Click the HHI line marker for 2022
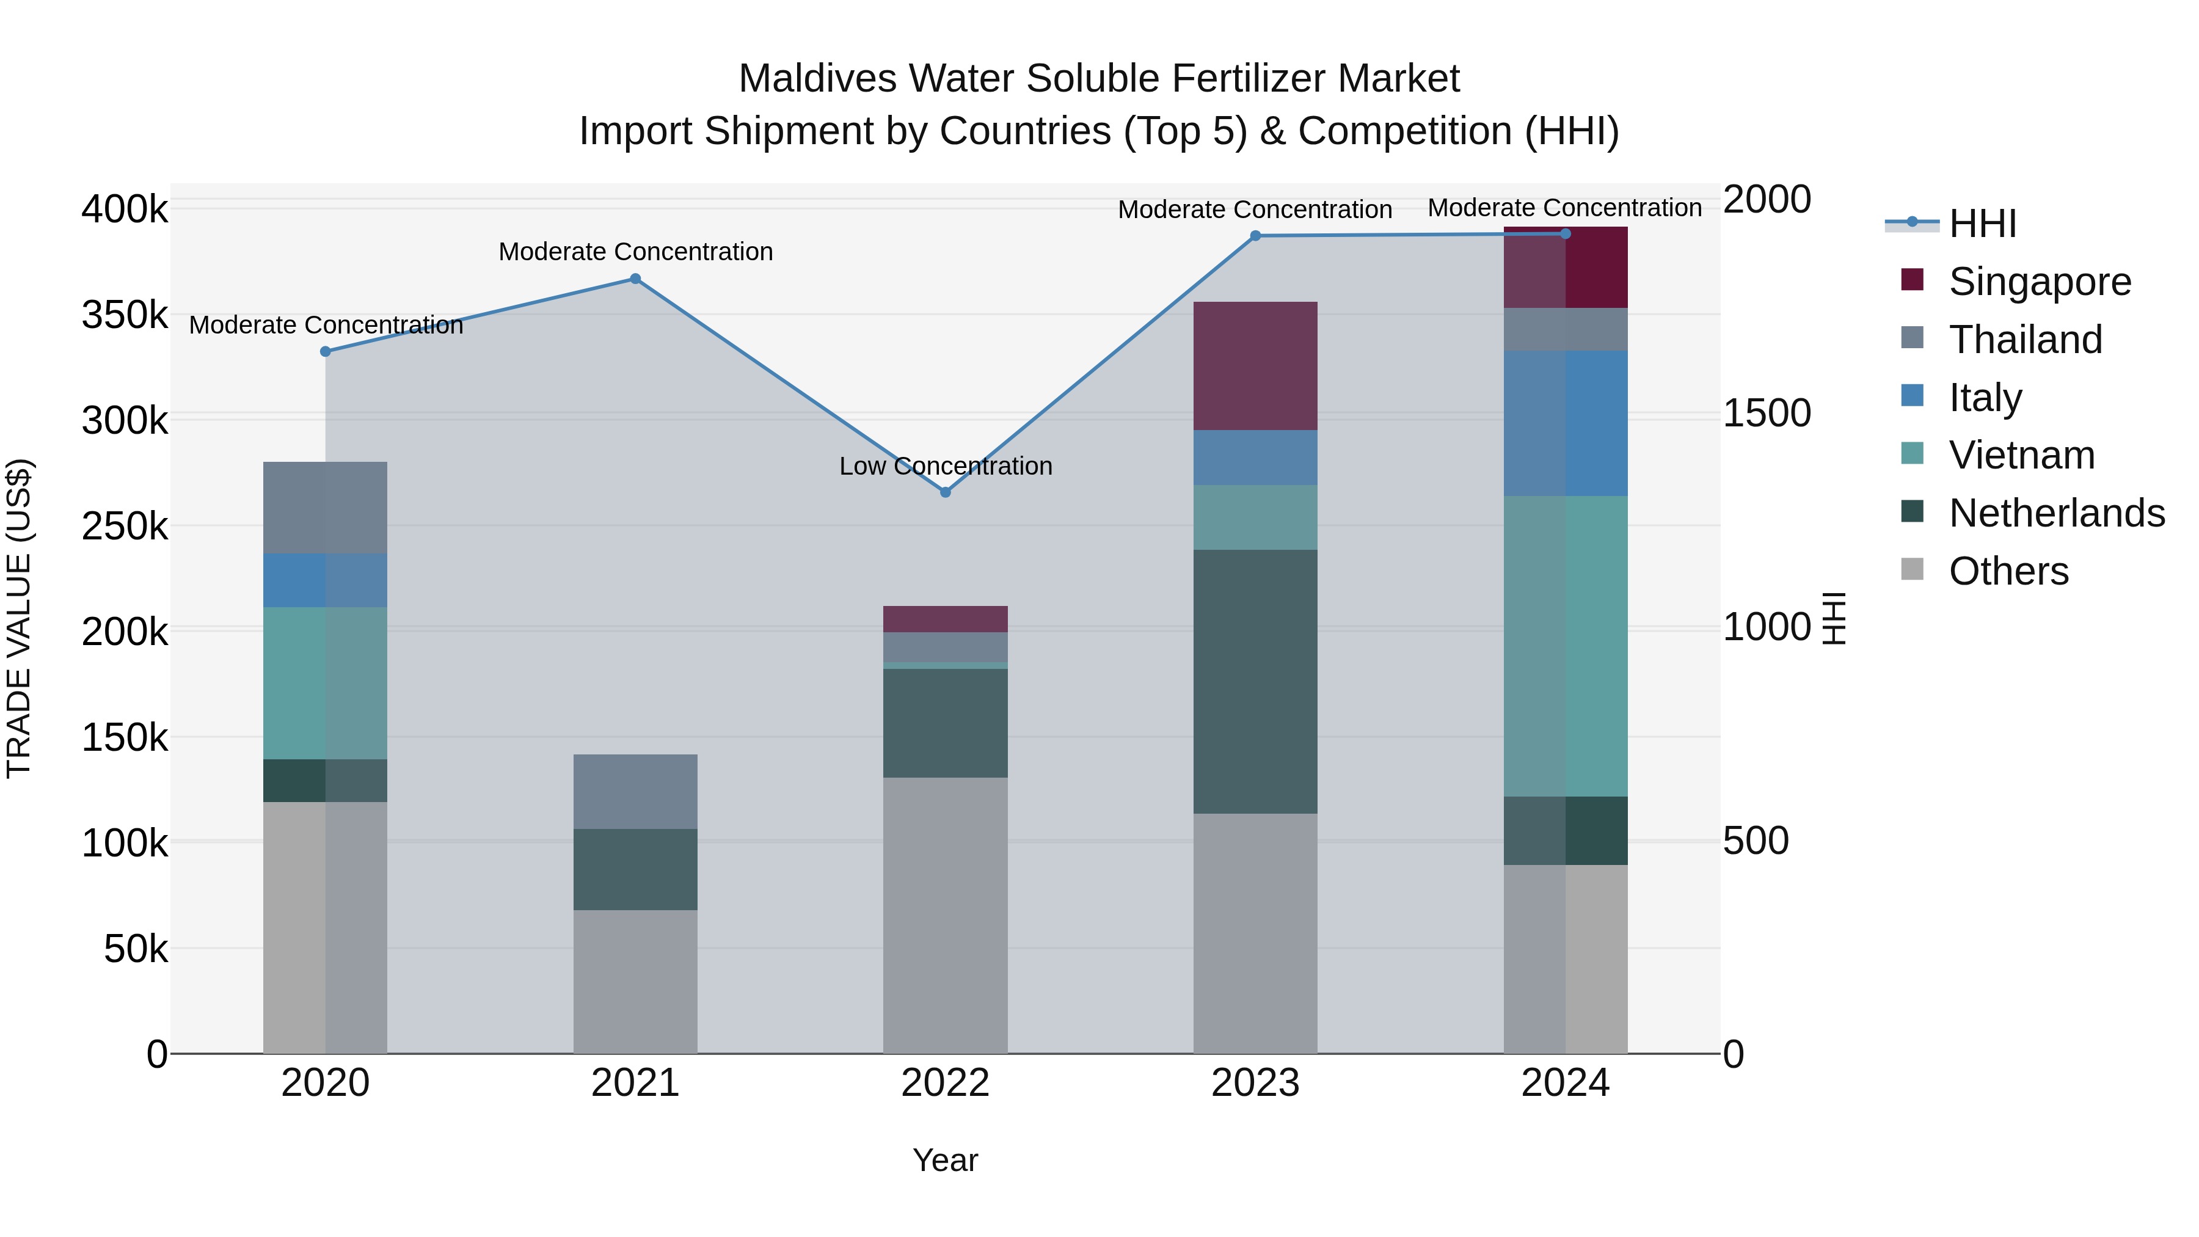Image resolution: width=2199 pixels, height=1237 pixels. click(945, 492)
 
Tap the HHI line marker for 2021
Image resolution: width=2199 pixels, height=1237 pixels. click(635, 279)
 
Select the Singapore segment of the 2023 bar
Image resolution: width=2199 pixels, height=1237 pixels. click(1255, 367)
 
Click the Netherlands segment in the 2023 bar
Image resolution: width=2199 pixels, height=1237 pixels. click(1255, 681)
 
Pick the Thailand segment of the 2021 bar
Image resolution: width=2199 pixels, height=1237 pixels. click(635, 791)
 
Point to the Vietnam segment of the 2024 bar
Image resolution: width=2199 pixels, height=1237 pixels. click(1565, 646)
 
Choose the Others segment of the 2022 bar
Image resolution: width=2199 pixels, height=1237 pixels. click(945, 915)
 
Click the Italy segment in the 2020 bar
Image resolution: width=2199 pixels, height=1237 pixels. click(325, 580)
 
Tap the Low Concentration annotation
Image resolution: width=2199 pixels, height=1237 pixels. click(945, 466)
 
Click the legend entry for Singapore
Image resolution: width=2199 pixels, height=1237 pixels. click(2040, 282)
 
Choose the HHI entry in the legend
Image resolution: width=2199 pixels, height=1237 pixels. click(1982, 224)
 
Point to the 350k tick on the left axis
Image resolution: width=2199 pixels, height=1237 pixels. click(125, 315)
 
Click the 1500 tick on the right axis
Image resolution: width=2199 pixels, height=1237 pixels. click(1766, 413)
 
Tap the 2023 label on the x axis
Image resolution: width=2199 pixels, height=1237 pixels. click(1255, 1083)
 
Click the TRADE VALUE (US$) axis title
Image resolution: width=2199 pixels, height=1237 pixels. click(19, 618)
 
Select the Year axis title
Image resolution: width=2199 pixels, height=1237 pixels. click(945, 1160)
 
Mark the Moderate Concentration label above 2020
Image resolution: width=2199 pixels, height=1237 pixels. click(325, 325)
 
